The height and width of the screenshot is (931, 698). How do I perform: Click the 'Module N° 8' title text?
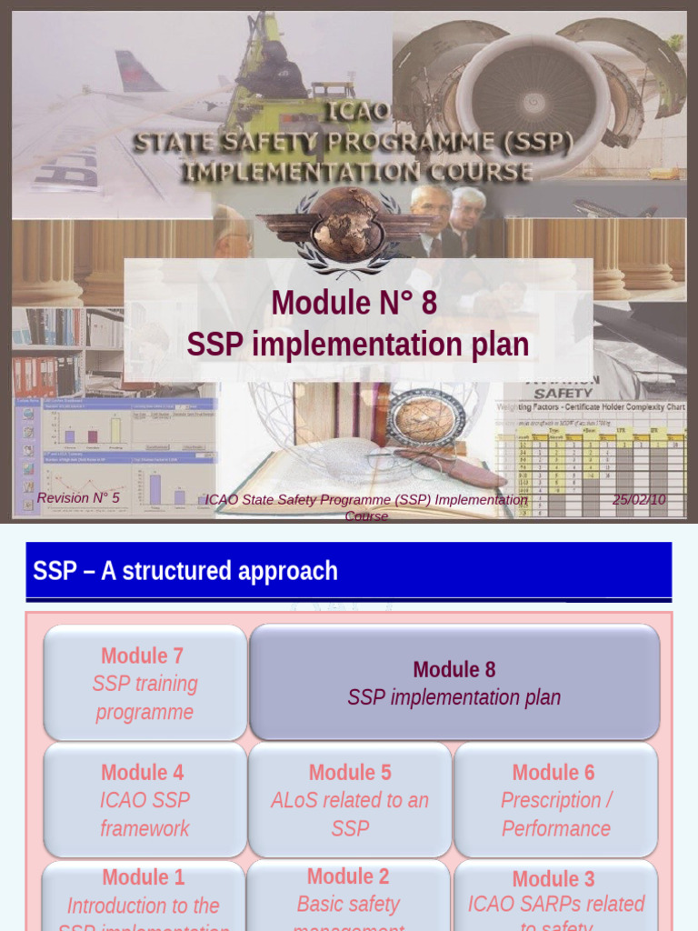coord(354,303)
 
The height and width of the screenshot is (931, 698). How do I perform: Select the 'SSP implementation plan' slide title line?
coord(357,345)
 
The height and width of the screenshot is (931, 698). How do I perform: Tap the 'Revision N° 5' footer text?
coord(78,498)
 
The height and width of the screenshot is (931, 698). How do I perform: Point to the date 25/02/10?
coord(639,499)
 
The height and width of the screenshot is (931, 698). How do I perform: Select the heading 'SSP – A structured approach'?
coord(185,571)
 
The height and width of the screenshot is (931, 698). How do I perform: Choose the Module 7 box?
coord(145,683)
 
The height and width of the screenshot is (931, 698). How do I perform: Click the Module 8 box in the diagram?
coord(454,683)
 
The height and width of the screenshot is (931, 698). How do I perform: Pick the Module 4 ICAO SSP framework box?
coord(145,800)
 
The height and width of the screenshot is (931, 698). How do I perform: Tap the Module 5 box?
coord(350,800)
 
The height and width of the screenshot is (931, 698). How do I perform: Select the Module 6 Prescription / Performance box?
coord(555,800)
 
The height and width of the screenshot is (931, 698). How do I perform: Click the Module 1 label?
coord(143,877)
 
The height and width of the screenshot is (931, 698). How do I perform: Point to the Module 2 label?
coord(348,876)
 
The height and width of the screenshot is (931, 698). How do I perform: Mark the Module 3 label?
coord(553,879)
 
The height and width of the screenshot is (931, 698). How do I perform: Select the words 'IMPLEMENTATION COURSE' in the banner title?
coord(356,171)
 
